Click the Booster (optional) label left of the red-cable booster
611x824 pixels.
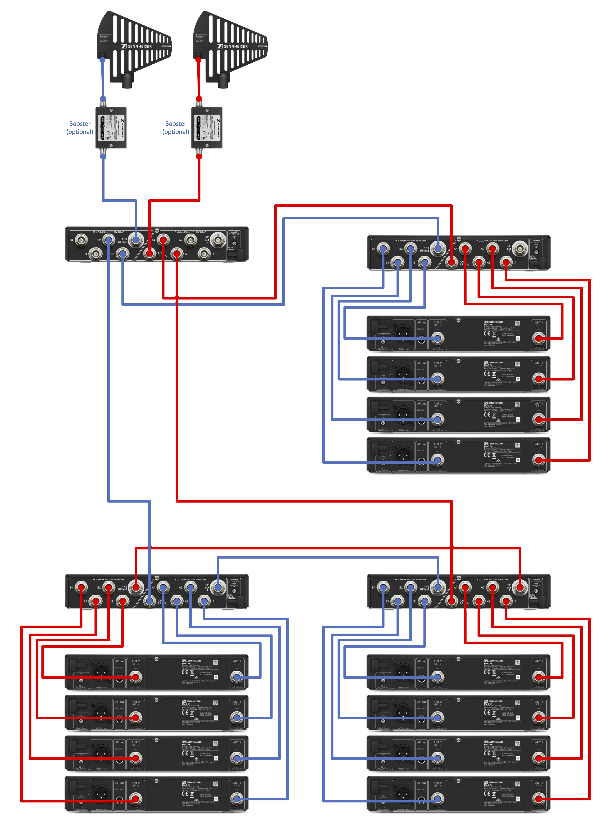[176, 128]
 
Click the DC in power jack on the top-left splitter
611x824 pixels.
[234, 243]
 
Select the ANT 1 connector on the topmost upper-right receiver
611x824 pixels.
[539, 338]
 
